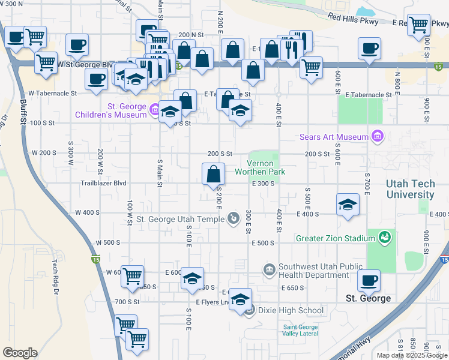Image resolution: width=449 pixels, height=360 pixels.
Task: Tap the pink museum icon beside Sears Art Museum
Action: (377, 137)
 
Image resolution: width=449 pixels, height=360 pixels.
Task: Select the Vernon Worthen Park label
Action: (264, 167)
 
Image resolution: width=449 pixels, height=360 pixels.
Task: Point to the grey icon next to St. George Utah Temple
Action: (234, 218)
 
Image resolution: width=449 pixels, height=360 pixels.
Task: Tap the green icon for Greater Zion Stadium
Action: (384, 238)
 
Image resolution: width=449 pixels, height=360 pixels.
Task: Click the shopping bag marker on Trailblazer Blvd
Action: (213, 175)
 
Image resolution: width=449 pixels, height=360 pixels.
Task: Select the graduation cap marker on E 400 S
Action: (348, 205)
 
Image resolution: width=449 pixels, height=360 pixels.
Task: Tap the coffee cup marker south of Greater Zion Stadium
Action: (369, 280)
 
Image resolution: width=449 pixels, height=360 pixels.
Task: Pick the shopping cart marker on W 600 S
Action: (132, 277)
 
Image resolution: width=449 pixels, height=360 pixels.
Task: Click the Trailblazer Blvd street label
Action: (103, 183)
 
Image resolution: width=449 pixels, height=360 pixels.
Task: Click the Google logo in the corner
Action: (20, 353)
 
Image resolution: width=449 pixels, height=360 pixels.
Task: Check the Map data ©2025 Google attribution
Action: (412, 355)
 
